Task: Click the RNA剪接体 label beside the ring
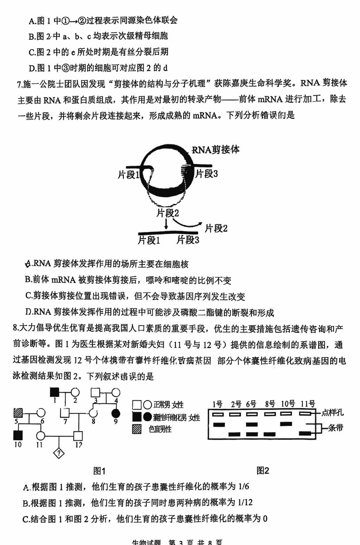tap(215, 150)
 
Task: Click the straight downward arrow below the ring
tap(167, 223)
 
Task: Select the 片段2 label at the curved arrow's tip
tap(216, 228)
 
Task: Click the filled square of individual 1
tap(54, 393)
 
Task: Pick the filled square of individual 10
tap(18, 435)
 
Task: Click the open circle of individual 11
tap(41, 435)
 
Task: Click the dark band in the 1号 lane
tap(219, 424)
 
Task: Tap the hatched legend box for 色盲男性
tap(137, 429)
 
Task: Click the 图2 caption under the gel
tap(263, 470)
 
